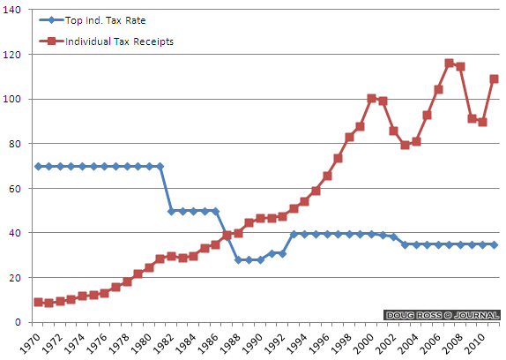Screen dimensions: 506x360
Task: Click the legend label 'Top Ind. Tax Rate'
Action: tap(105, 20)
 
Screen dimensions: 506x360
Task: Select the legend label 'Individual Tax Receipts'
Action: tap(119, 41)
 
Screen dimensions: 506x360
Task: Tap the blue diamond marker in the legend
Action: tap(51, 20)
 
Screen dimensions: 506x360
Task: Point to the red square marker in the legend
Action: tap(51, 41)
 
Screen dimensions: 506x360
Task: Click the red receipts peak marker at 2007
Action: tap(450, 63)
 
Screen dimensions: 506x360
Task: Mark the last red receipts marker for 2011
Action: tap(494, 79)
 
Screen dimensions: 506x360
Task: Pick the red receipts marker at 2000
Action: tap(371, 98)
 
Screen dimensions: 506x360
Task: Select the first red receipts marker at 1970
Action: tap(38, 303)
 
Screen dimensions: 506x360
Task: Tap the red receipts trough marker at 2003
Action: tap(405, 145)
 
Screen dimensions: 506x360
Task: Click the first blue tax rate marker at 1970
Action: tap(38, 166)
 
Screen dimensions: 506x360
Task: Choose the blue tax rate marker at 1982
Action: tap(171, 211)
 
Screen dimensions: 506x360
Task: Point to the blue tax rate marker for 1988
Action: tap(238, 260)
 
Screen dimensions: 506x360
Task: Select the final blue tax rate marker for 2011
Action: tap(494, 244)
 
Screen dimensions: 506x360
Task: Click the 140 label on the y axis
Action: tap(11, 10)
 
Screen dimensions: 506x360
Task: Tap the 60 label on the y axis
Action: tap(14, 189)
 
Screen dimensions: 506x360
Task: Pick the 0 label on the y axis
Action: tap(18, 322)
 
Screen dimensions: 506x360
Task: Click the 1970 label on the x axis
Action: tap(30, 343)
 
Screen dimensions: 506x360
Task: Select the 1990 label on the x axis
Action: tap(252, 343)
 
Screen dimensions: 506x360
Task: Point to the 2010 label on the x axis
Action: tap(474, 343)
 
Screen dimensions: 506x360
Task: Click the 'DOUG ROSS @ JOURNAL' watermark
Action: tap(442, 315)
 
